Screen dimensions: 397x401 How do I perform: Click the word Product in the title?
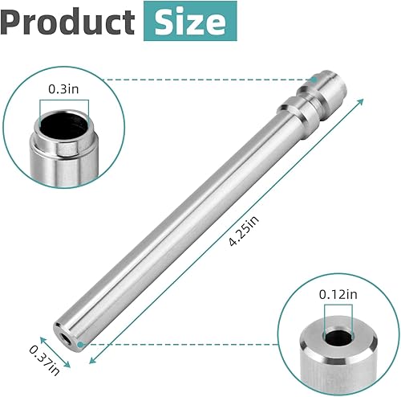[x=68, y=22]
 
